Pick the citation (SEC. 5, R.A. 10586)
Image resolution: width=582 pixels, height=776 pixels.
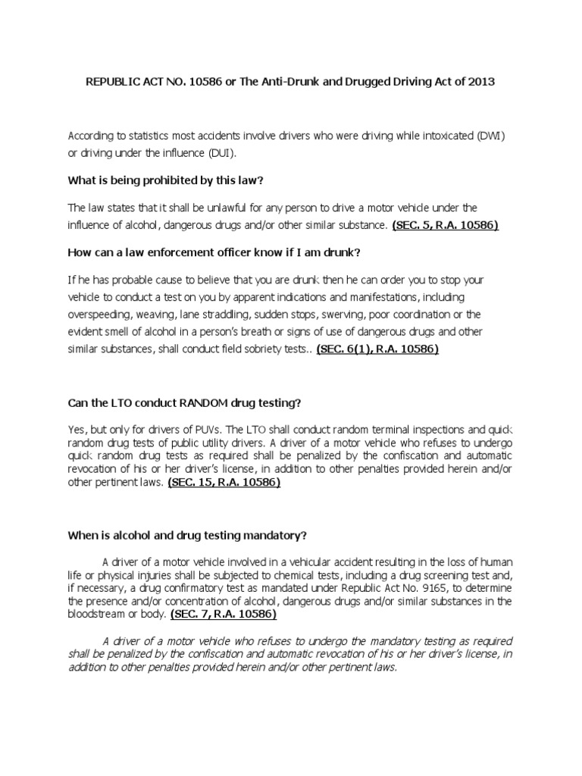444,225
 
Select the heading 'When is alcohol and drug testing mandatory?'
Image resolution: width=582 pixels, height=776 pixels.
187,535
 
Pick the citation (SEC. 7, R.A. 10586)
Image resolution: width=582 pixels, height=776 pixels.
223,614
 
